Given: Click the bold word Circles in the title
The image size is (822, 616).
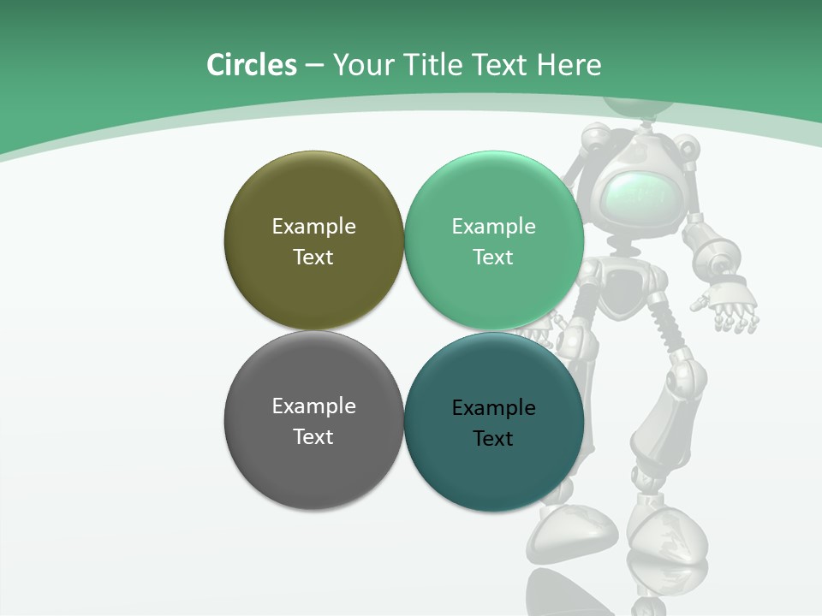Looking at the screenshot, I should point(252,65).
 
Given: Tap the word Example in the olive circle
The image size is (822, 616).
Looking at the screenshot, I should point(313,227).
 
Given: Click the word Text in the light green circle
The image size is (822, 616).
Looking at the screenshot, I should point(493,258).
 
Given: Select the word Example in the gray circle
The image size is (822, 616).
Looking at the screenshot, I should point(313,406).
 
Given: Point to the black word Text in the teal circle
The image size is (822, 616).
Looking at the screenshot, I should point(493,439).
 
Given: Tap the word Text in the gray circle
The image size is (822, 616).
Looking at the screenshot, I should point(313,437).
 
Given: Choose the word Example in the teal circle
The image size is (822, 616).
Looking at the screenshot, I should point(493,408).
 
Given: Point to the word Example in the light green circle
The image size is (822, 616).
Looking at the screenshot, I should point(493,227).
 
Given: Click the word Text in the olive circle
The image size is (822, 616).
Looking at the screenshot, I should point(313,258).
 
